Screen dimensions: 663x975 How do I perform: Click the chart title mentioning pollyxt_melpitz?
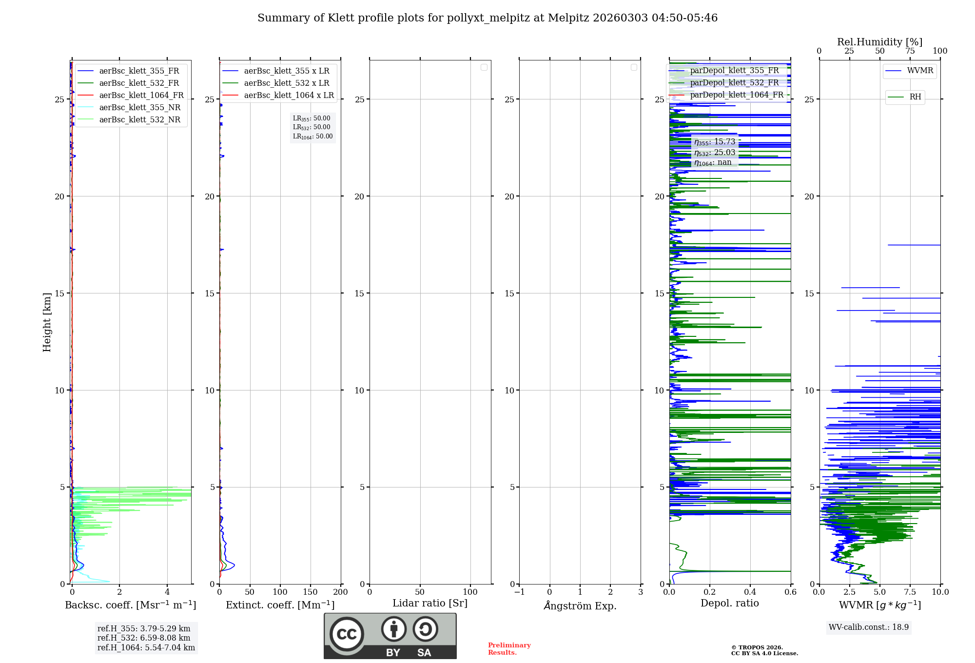(x=487, y=18)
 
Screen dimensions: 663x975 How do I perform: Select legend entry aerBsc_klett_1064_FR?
(x=141, y=95)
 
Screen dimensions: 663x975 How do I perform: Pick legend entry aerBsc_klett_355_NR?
(x=140, y=107)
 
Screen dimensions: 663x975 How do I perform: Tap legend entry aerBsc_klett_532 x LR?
(x=287, y=83)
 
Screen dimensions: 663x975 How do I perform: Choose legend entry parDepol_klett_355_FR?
(x=734, y=71)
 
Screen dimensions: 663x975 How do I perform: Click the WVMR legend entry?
(x=920, y=71)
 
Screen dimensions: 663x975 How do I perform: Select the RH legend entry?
(x=915, y=97)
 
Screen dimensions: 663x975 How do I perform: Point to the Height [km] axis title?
(x=47, y=322)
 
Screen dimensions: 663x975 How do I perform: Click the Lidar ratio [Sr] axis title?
(x=430, y=603)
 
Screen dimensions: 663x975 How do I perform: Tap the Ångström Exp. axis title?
(x=580, y=605)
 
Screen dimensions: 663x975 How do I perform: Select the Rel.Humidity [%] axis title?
(x=879, y=42)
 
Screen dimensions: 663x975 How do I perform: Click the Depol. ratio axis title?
(x=730, y=603)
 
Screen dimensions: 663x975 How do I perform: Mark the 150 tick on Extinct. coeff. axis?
(x=311, y=592)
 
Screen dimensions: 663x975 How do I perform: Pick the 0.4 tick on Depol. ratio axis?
(x=750, y=592)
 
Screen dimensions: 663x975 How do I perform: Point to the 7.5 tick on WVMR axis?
(x=910, y=592)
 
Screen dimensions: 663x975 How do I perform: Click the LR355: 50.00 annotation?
(x=312, y=118)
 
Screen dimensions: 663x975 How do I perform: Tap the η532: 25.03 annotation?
(x=715, y=153)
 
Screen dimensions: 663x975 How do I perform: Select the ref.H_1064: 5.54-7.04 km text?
(x=146, y=647)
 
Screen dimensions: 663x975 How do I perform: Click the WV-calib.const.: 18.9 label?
(x=869, y=627)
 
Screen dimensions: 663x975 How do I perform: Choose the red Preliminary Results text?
(x=509, y=648)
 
